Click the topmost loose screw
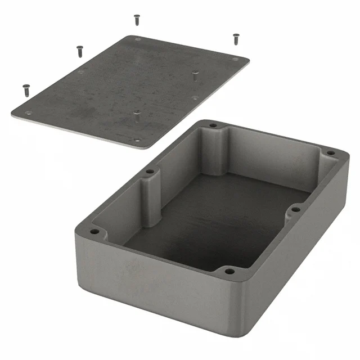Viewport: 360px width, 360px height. pos(137,20)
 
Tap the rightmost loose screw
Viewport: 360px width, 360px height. pos(236,38)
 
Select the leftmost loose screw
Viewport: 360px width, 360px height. pos(26,89)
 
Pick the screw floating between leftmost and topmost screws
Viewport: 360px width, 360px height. pos(79,51)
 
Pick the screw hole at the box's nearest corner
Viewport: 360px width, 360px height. pos(228,271)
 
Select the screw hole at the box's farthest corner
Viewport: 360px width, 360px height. pos(213,125)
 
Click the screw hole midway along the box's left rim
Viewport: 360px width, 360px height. pos(150,172)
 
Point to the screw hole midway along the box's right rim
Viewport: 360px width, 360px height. pos(294,209)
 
